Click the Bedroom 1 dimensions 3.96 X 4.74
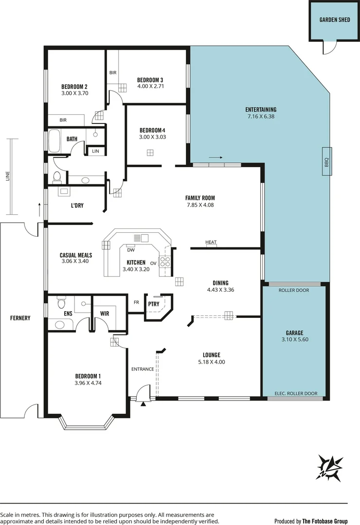click(88, 383)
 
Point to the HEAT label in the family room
click(211, 242)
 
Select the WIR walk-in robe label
click(105, 314)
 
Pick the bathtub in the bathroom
click(54, 141)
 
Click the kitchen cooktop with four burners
click(165, 262)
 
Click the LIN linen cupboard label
click(95, 152)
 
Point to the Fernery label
click(20, 318)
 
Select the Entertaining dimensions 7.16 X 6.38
click(261, 116)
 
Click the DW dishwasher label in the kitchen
click(130, 250)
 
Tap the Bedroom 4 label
click(152, 130)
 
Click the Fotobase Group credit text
click(325, 521)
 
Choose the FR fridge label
click(137, 302)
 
